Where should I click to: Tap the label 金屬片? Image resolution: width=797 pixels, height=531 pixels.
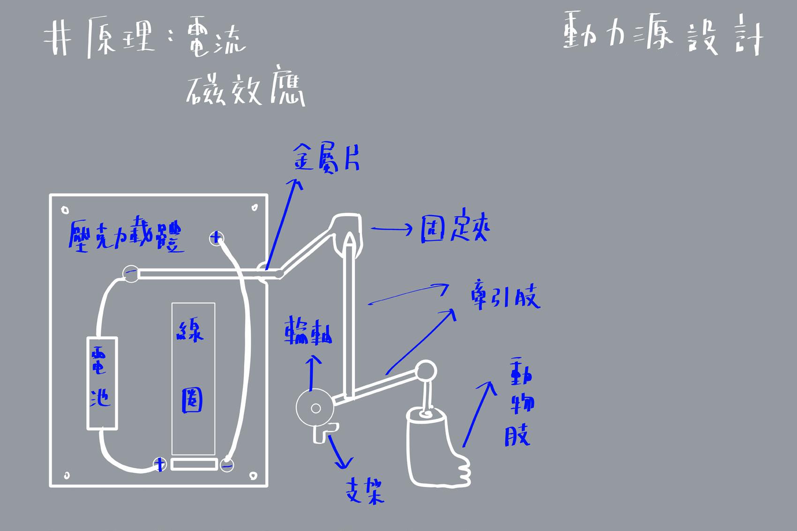pos(327,157)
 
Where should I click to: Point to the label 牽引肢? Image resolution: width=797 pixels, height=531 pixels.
pos(505,298)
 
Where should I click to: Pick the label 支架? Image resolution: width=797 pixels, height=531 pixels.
pos(364,491)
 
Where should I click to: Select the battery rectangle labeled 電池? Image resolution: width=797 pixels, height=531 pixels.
pos(102,383)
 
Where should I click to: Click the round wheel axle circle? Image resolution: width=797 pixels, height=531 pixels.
pos(315,408)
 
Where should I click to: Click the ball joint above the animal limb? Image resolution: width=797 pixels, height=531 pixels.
pos(426,370)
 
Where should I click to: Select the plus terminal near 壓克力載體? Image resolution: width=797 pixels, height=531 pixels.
pos(216,239)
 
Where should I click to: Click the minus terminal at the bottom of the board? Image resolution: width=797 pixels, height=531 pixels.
pos(227,465)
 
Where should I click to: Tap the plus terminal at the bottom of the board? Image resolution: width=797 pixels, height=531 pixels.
pos(160,464)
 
